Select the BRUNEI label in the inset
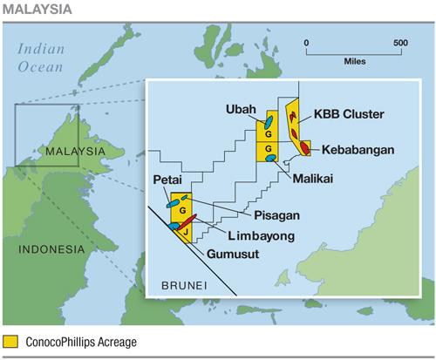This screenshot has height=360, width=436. (183, 285)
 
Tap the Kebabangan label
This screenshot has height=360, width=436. (358, 149)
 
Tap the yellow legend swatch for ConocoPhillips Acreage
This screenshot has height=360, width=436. (11, 343)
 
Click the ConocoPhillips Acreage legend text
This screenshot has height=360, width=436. (80, 343)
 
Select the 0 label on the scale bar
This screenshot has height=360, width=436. (306, 42)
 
